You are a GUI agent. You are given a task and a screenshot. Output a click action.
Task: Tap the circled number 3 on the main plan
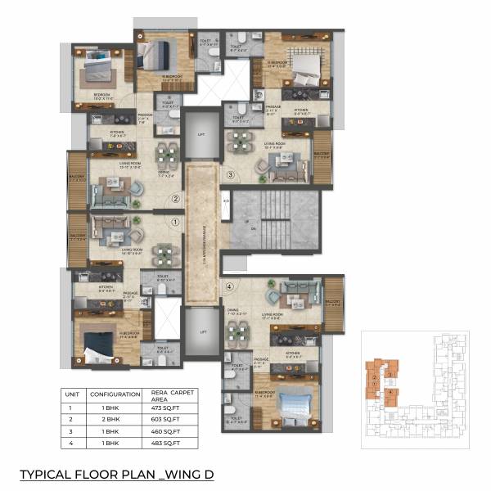pyautogui.click(x=231, y=174)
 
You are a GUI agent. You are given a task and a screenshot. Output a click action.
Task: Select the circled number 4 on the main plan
pyautogui.click(x=231, y=286)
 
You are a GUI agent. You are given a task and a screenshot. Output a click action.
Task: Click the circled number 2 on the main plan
pyautogui.click(x=174, y=198)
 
